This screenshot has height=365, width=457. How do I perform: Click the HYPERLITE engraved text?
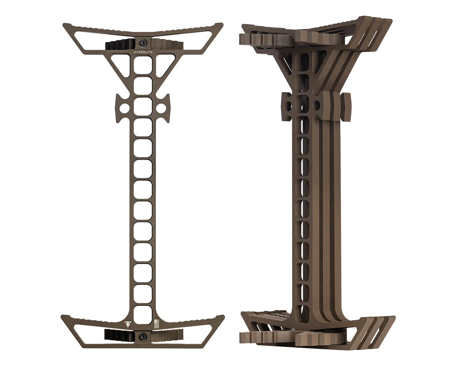(x=143, y=52)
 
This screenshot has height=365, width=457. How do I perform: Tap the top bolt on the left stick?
(x=143, y=43)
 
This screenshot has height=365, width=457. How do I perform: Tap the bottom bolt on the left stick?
(x=143, y=337)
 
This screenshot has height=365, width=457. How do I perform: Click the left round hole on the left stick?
(x=125, y=108)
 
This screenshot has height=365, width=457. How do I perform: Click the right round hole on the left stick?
(x=161, y=108)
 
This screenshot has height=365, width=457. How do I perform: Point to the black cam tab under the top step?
(x=120, y=44)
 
